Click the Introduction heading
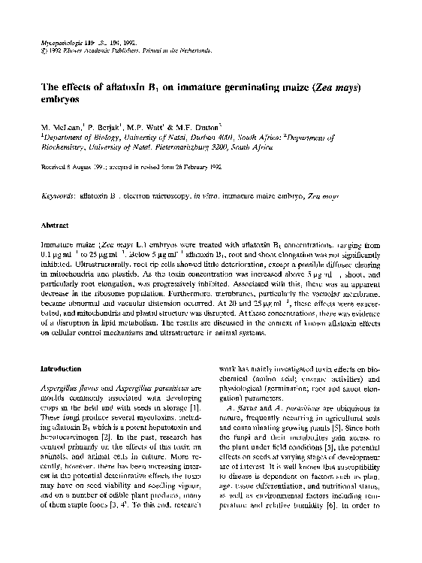(62, 370)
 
